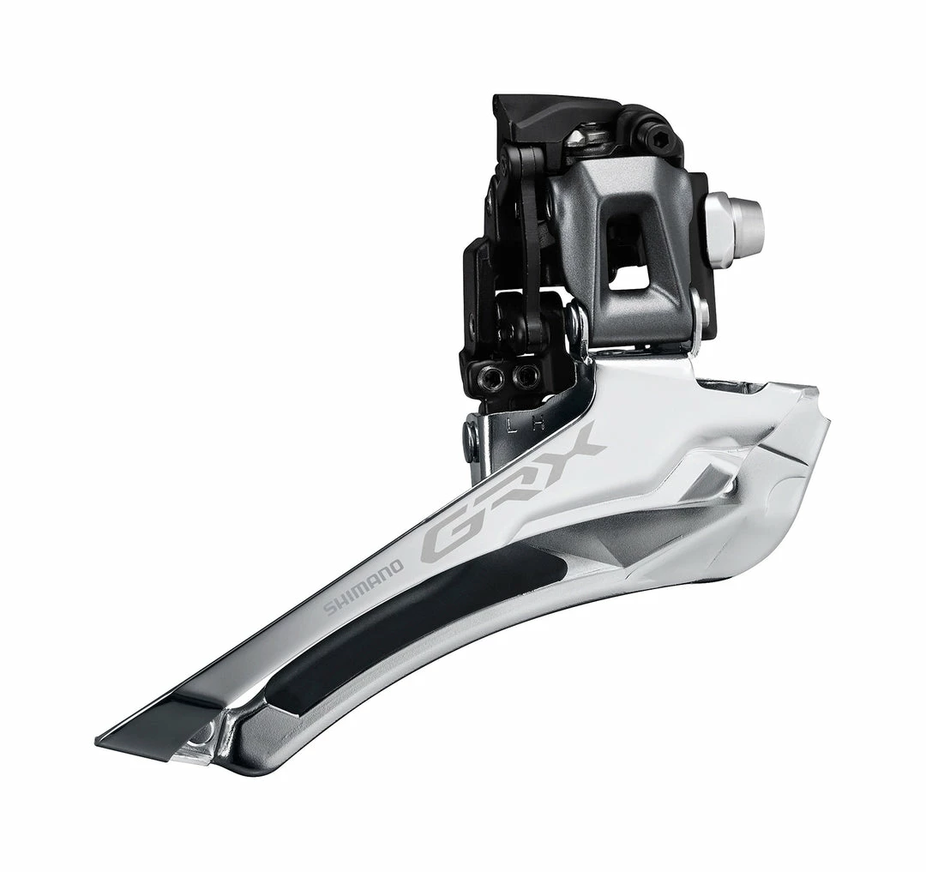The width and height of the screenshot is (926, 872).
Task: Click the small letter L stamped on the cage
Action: click(x=513, y=424)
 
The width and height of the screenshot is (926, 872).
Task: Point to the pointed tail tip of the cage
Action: click(x=107, y=738)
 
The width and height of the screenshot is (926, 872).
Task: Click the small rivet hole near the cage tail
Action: click(x=201, y=734)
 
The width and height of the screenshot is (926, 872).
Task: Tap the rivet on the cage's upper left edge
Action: click(x=471, y=437)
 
